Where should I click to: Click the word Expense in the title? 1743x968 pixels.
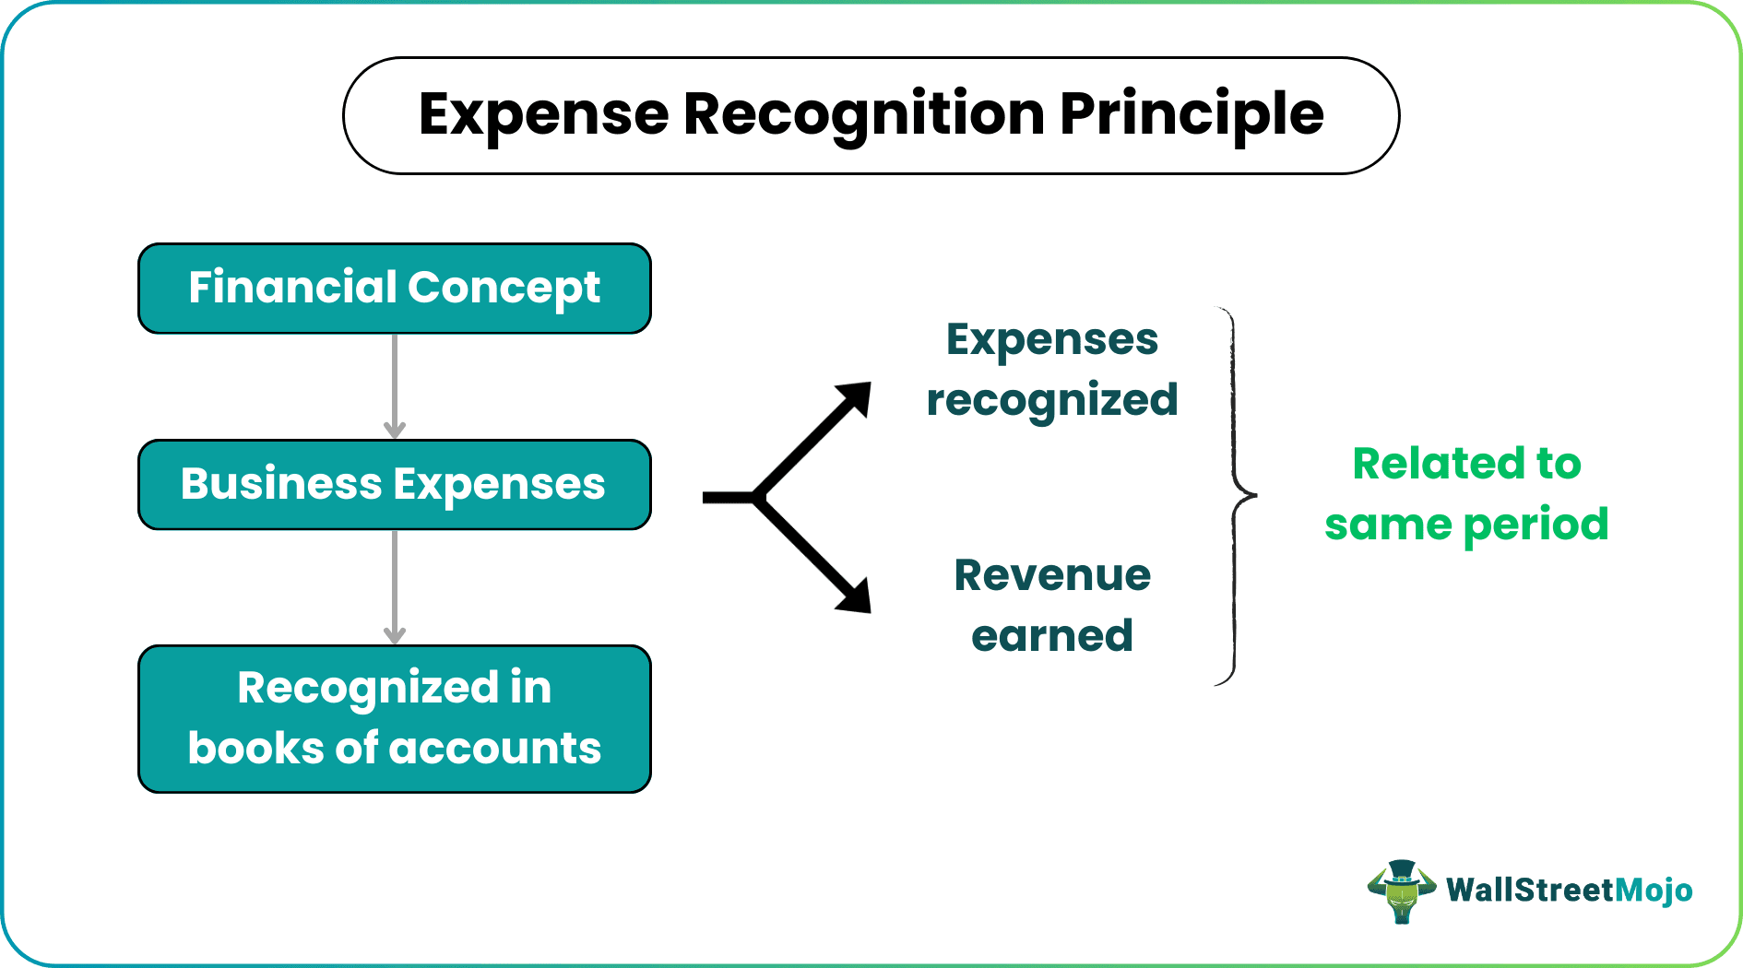[543, 115]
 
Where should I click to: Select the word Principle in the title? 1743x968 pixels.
[1192, 115]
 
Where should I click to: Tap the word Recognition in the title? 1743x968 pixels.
[863, 115]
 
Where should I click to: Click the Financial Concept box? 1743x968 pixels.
[395, 289]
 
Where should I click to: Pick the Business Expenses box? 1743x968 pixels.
[395, 485]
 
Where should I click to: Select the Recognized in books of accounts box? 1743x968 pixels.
[395, 719]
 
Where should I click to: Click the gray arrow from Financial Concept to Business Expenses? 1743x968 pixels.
[395, 386]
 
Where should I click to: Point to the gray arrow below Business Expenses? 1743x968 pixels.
[395, 587]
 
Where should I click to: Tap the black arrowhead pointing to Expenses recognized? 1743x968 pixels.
[854, 399]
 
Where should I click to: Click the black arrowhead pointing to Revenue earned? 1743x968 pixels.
[854, 595]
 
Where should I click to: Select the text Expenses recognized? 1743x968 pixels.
[1052, 370]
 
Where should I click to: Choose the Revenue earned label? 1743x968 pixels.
[1052, 606]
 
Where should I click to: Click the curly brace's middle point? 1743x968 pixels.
[1251, 497]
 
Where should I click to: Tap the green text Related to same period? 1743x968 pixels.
[1466, 493]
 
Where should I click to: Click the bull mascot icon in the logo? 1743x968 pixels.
[1401, 891]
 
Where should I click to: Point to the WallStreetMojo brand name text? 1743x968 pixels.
[1569, 891]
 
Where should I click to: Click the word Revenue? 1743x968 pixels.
[1052, 576]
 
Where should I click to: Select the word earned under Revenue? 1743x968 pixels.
[1052, 636]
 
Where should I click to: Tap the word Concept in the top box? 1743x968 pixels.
[504, 289]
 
